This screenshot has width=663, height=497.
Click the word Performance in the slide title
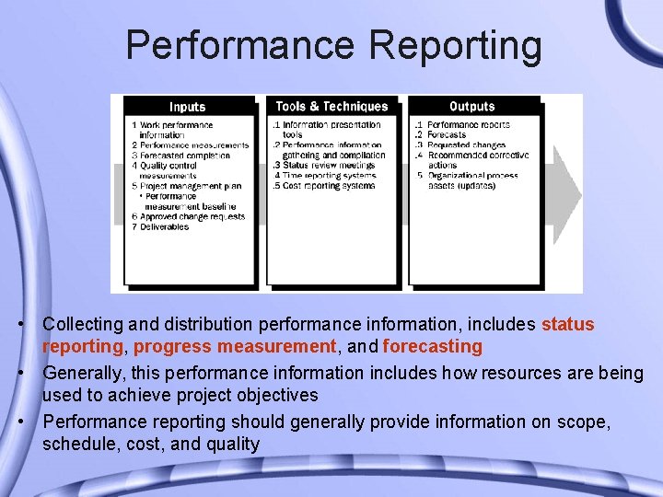[x=238, y=44]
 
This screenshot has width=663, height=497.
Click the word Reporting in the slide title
[x=452, y=44]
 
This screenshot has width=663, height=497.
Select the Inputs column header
[x=188, y=107]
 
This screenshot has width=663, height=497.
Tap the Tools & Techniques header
[x=332, y=107]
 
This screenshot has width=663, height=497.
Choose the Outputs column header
[x=472, y=107]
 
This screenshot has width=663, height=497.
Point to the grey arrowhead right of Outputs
[x=570, y=195]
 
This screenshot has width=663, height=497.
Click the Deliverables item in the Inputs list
[x=165, y=227]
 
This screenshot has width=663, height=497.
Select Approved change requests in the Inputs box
[x=192, y=217]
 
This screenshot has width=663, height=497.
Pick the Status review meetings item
[x=328, y=166]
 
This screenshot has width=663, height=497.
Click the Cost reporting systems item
[x=329, y=186]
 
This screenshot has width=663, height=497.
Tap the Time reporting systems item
[x=330, y=176]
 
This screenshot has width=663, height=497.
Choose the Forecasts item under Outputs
[x=447, y=135]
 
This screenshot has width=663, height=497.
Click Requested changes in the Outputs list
[x=466, y=145]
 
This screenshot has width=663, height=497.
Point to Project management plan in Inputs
[x=191, y=186]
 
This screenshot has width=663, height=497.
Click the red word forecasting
[x=432, y=347]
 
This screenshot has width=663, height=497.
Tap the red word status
[x=567, y=325]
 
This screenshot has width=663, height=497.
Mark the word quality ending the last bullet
[x=234, y=445]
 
